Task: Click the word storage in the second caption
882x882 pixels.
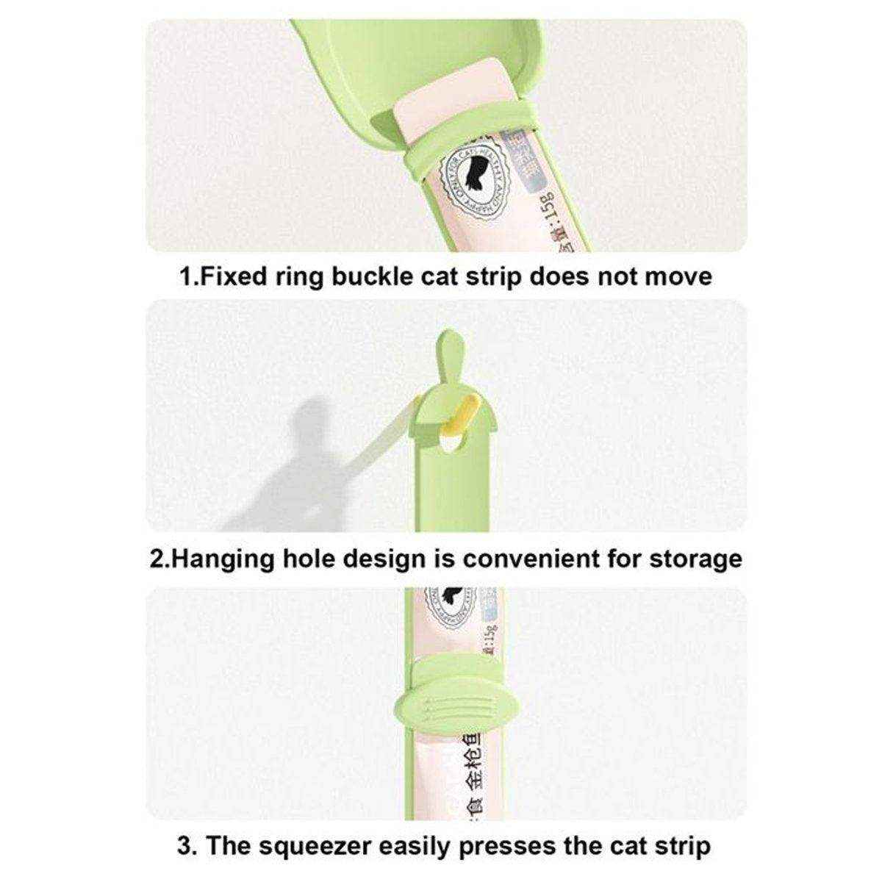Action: (x=695, y=558)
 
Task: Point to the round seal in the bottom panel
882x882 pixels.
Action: (x=452, y=609)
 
